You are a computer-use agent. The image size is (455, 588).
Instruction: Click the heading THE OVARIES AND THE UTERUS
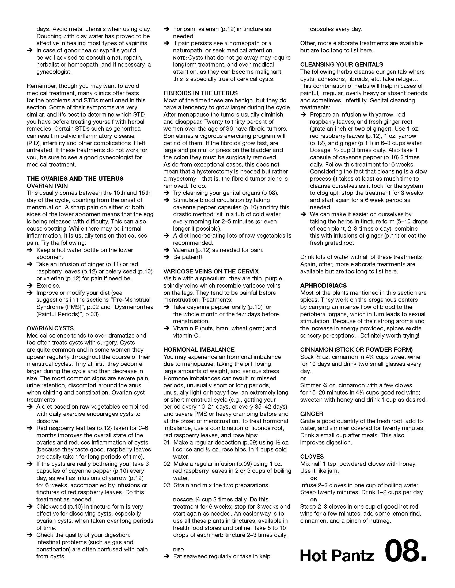tap(75, 179)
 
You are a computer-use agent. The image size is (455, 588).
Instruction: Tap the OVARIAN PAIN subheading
tap(47, 186)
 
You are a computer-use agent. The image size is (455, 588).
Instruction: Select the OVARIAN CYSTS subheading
tap(50, 328)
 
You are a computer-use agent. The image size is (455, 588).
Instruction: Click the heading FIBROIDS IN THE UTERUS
tap(200, 93)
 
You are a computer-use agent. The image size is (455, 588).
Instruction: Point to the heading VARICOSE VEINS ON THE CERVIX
tap(211, 271)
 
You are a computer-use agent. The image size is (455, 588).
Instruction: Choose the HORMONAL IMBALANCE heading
tap(199, 350)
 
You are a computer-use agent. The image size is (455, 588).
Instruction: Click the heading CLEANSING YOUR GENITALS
tap(342, 65)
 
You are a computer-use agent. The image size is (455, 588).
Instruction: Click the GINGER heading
tap(312, 414)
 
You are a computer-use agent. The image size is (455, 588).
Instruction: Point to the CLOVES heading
tap(312, 457)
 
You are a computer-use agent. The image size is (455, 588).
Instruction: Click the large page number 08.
tap(405, 550)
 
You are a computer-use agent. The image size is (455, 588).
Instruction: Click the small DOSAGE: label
tap(183, 500)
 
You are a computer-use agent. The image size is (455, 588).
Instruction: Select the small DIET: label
tap(179, 550)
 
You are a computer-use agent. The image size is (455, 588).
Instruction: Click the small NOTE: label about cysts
tap(180, 58)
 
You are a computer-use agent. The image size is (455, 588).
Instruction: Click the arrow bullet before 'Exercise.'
tap(30, 286)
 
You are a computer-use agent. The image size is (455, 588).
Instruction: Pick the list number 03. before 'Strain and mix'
tap(167, 485)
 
